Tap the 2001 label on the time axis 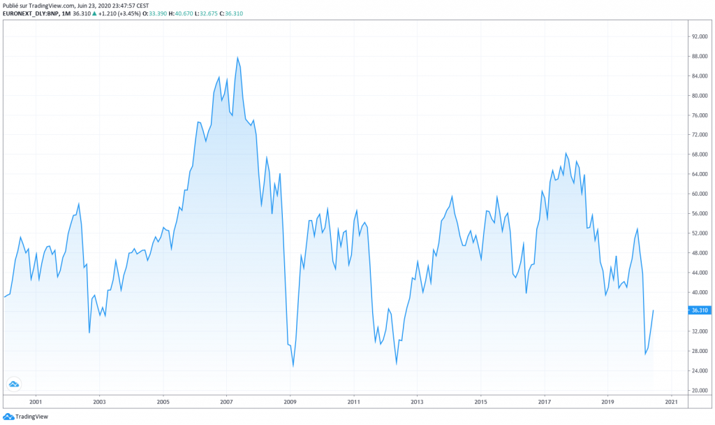point(36,402)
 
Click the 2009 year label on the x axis point(290,402)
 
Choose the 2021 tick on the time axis point(671,402)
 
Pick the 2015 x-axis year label point(480,402)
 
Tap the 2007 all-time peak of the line point(237,57)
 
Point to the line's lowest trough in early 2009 point(293,366)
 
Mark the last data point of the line point(653,310)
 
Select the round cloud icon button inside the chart point(13,384)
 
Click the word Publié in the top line point(11,6)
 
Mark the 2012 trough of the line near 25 point(397,363)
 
